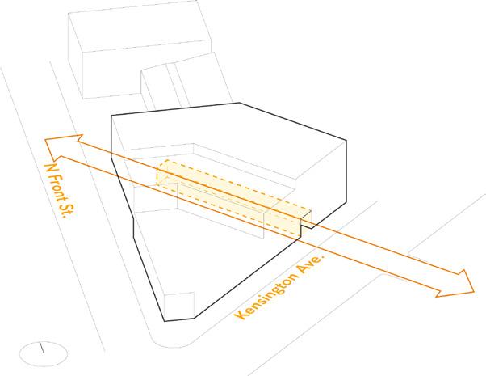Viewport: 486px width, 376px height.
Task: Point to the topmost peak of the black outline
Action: click(239, 103)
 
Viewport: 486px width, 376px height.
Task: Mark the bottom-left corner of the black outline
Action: click(165, 321)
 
